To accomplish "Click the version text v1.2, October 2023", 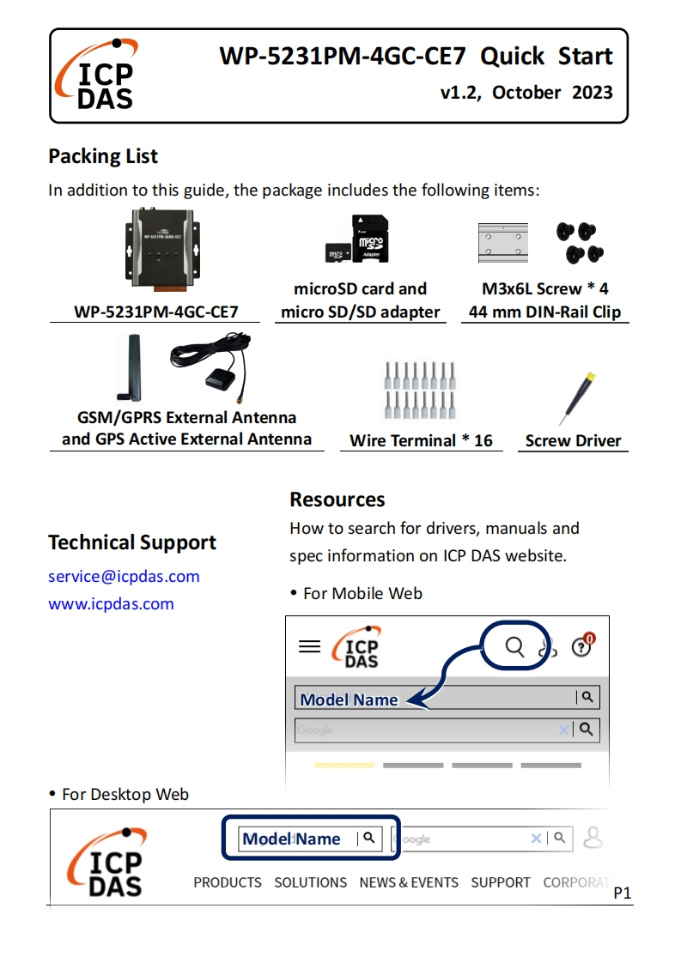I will click(526, 93).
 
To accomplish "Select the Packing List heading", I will click(103, 156).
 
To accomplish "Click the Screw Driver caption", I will click(573, 441).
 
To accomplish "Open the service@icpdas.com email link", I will click(124, 577).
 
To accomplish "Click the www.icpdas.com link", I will click(111, 604).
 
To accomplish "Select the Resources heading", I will click(337, 500).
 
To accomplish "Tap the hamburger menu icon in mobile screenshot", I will click(309, 646).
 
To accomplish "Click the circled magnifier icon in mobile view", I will click(514, 646).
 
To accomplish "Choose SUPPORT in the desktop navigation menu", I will click(501, 882).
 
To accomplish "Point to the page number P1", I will click(623, 893).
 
